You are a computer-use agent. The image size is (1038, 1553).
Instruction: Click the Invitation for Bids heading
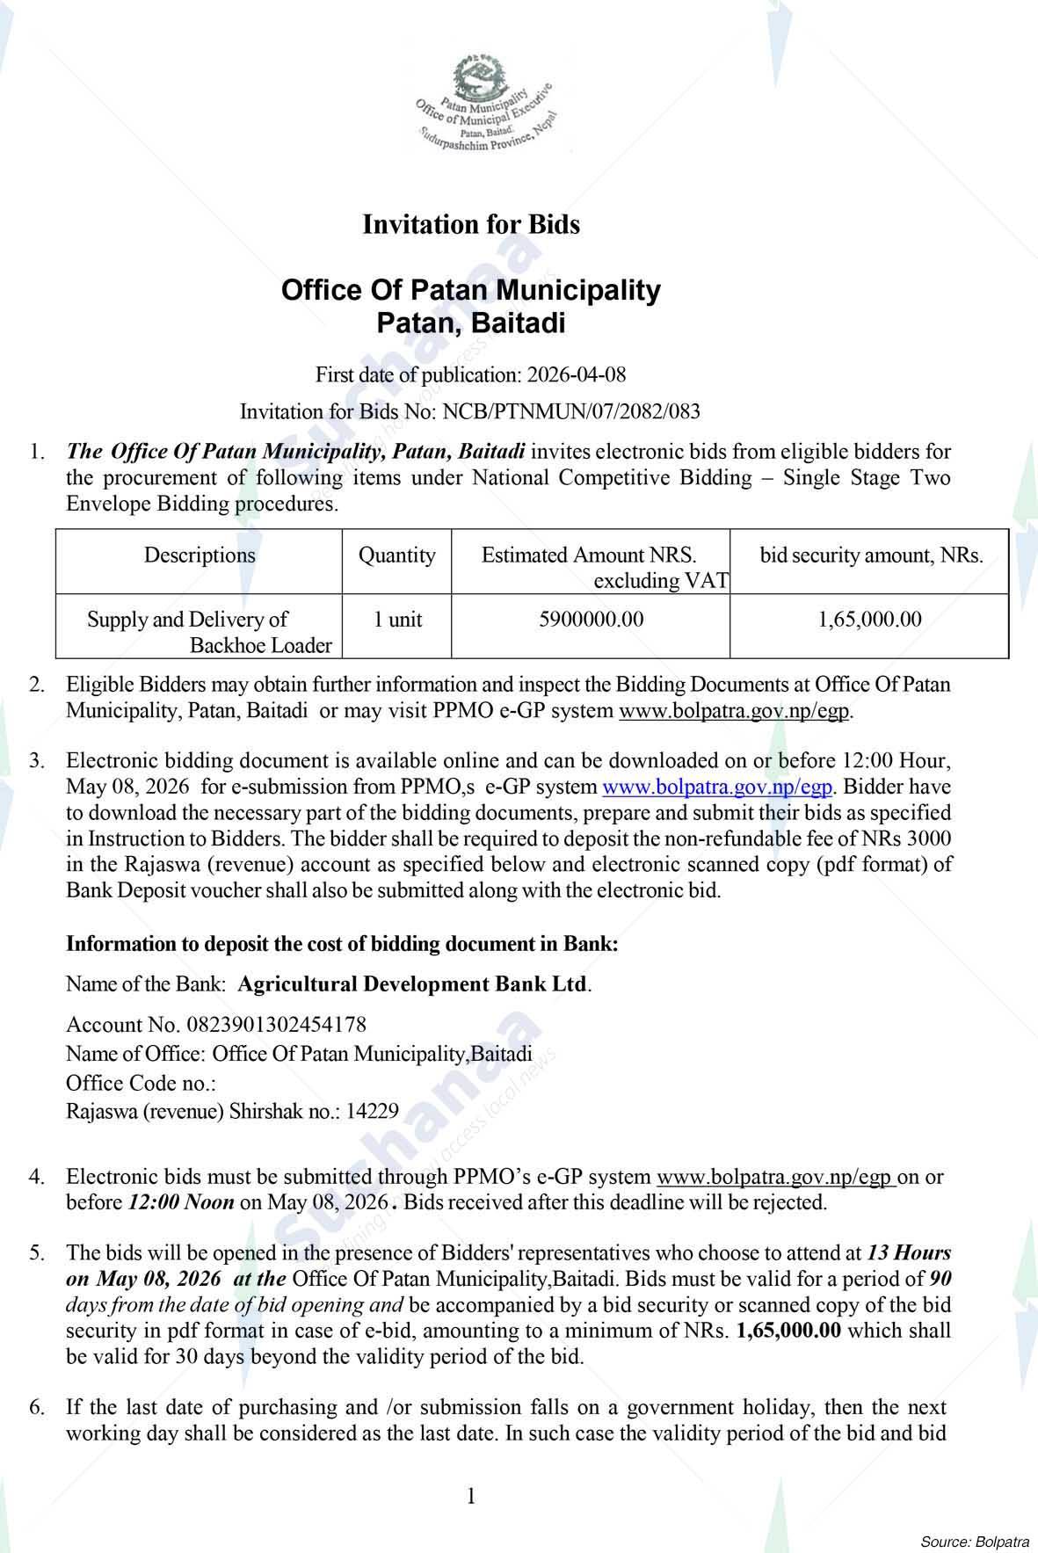tap(471, 225)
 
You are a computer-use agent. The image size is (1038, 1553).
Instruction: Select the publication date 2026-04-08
tap(576, 375)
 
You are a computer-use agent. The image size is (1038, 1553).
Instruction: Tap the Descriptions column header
tap(200, 555)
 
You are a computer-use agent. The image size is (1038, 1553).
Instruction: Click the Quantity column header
tap(396, 555)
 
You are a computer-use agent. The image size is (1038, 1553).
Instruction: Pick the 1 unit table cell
tap(397, 620)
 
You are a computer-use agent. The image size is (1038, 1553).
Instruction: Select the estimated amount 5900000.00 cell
tap(591, 620)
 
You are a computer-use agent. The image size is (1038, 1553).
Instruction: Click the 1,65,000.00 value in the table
tap(869, 620)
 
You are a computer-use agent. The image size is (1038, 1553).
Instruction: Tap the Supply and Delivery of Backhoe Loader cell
tap(200, 632)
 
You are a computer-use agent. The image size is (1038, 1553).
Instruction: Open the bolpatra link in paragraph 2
tap(735, 710)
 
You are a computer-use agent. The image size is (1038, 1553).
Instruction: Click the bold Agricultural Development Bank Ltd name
tap(412, 984)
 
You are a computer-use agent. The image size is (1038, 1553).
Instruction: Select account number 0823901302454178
tap(276, 1025)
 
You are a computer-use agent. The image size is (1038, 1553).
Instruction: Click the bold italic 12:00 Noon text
tap(181, 1202)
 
